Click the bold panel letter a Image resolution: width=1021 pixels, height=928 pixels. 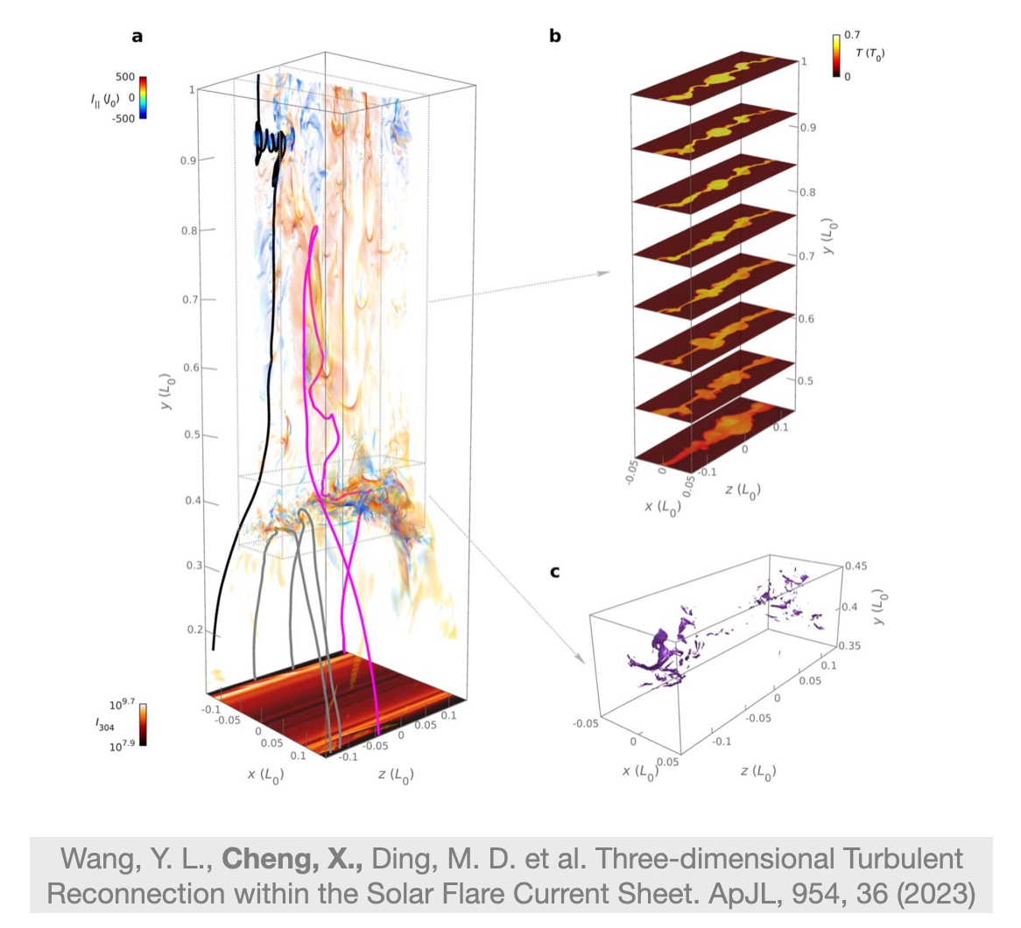tap(137, 37)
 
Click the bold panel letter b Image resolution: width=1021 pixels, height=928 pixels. tap(555, 36)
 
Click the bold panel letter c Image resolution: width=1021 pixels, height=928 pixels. tap(555, 572)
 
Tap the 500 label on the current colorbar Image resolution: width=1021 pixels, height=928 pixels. tap(125, 77)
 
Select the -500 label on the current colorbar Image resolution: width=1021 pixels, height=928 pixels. tap(123, 118)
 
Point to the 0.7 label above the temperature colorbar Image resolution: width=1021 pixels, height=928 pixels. tap(852, 35)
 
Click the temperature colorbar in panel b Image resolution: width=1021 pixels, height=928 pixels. tap(836, 56)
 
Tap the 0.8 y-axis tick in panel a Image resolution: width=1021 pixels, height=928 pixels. tap(188, 230)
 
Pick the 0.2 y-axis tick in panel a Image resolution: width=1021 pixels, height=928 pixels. tap(194, 629)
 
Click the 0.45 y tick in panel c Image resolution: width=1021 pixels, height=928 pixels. tap(856, 566)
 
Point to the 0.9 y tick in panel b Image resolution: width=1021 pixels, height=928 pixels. tap(808, 128)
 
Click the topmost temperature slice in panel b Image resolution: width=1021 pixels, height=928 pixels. tap(715, 77)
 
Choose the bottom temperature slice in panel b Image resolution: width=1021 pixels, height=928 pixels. tap(715, 434)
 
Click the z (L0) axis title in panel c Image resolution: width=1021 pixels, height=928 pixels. tap(758, 771)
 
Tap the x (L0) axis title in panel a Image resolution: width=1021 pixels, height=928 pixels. tap(265, 775)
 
